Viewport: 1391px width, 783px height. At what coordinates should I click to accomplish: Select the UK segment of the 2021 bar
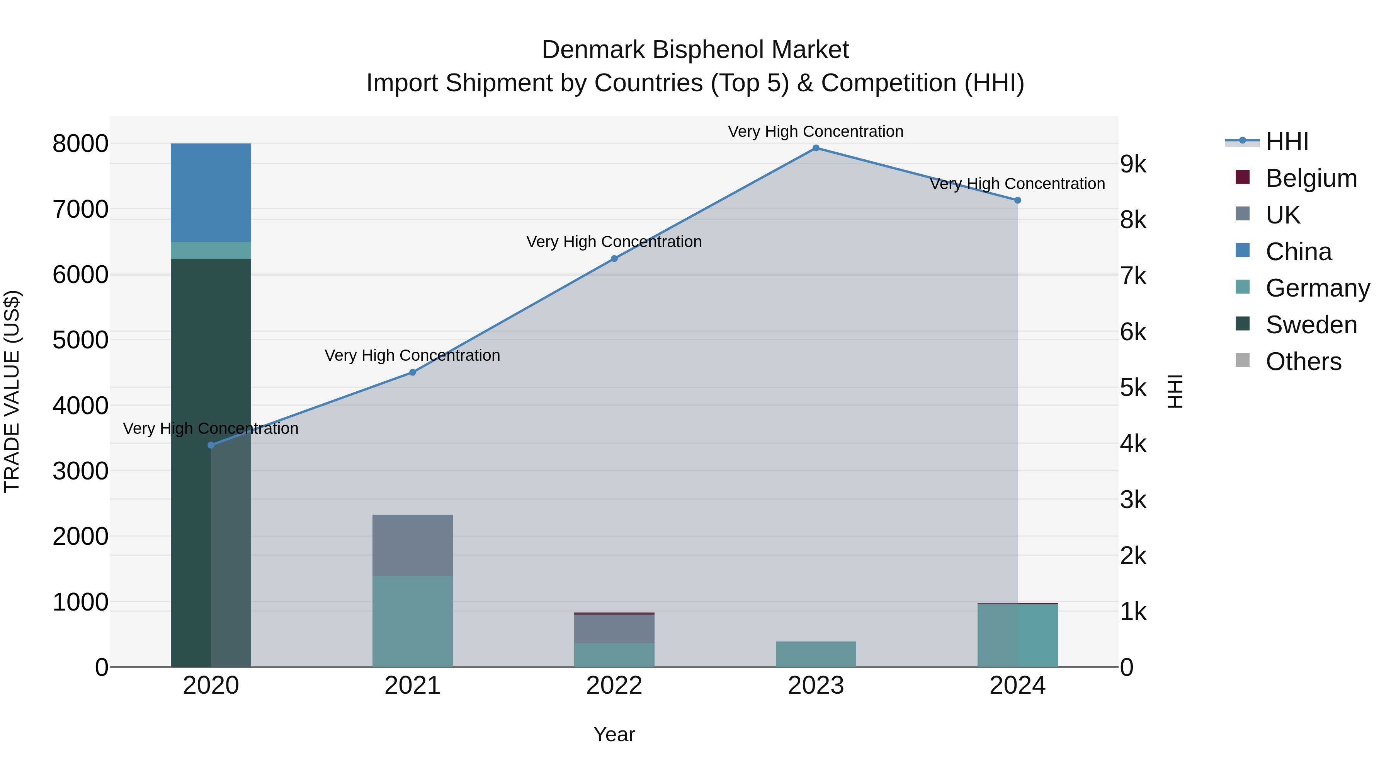(x=413, y=545)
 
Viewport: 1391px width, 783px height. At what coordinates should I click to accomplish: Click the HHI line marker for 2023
(x=816, y=148)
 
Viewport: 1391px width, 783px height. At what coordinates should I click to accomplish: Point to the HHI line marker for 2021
(x=413, y=372)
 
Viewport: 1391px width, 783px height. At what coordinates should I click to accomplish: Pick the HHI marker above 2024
(x=1017, y=200)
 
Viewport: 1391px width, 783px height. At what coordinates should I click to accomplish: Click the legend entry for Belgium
(x=1311, y=178)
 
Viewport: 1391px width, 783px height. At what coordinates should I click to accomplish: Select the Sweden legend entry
(x=1311, y=325)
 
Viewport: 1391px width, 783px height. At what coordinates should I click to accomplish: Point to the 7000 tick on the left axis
(x=80, y=210)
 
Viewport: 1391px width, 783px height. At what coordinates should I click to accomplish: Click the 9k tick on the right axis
(x=1133, y=164)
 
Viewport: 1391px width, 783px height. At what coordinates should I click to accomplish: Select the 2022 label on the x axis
(x=614, y=686)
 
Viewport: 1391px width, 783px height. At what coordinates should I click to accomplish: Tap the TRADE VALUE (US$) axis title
(x=12, y=391)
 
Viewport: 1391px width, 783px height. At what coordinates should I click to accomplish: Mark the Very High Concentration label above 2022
(x=614, y=242)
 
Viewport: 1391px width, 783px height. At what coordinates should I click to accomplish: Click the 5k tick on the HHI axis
(x=1133, y=388)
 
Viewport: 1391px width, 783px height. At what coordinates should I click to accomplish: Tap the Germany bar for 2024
(x=1017, y=635)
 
